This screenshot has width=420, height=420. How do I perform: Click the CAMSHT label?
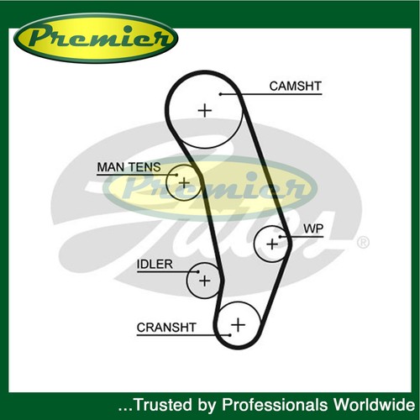click(295, 86)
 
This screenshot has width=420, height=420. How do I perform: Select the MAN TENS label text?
click(129, 167)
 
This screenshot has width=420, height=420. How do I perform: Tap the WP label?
click(313, 228)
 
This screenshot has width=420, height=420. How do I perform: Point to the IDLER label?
click(155, 264)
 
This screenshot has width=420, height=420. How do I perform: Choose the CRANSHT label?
click(166, 328)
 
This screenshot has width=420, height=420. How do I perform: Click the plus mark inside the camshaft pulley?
click(205, 110)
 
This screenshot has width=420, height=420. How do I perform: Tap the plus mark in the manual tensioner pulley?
click(184, 183)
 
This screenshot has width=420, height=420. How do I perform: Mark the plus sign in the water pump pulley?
click(272, 244)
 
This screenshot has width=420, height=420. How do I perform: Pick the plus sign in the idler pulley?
click(204, 281)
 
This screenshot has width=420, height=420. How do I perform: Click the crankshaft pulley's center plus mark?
click(239, 325)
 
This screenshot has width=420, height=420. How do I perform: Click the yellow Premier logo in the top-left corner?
click(96, 39)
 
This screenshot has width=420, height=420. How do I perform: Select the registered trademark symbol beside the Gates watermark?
click(363, 243)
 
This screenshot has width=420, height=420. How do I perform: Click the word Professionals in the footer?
click(275, 405)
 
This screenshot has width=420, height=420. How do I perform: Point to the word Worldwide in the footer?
click(374, 405)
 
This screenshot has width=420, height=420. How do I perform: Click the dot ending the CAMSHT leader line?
click(220, 94)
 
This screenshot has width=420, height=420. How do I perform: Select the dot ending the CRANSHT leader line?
click(230, 335)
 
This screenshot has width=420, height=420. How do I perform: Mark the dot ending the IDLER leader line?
click(198, 271)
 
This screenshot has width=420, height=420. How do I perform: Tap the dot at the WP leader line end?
click(281, 237)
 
